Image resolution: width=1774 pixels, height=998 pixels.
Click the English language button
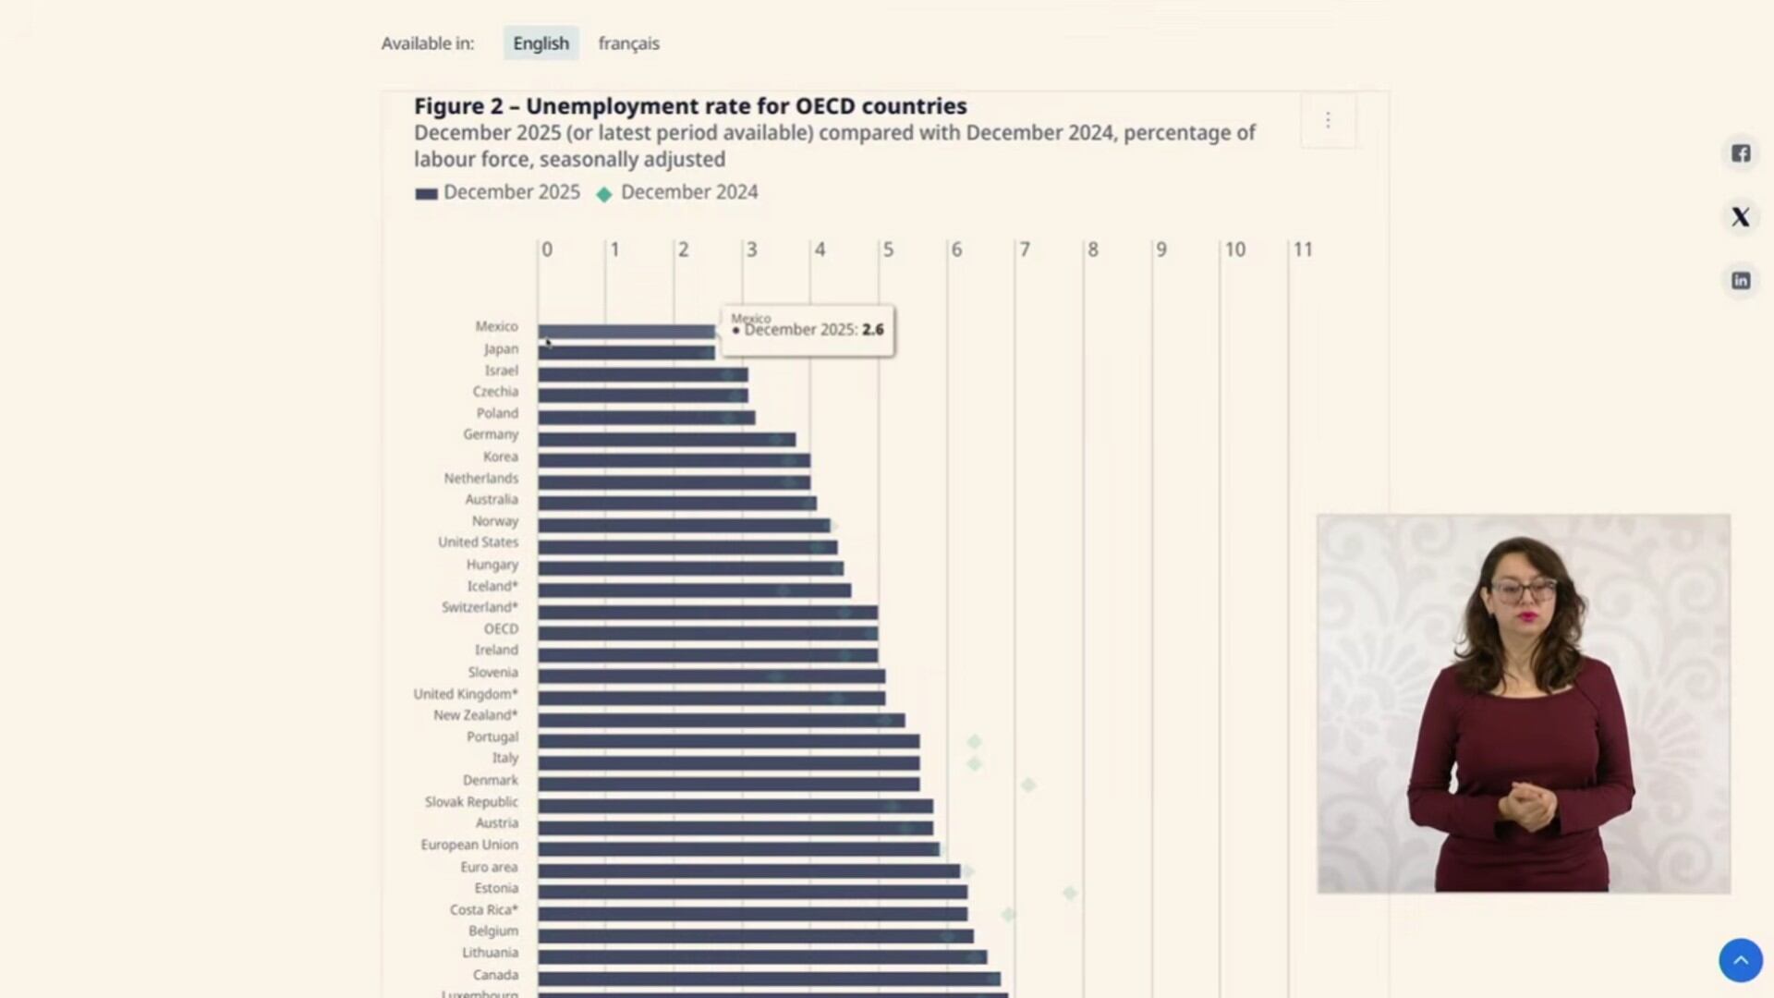[541, 43]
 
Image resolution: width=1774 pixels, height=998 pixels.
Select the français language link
[628, 43]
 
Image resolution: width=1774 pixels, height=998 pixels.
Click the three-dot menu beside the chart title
[1328, 120]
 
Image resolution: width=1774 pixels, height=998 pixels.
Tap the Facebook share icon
[1741, 153]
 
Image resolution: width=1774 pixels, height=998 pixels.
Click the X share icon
[1741, 217]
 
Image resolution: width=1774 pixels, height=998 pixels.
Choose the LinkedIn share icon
[1741, 281]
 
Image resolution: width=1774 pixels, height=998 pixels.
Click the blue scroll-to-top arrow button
[1741, 960]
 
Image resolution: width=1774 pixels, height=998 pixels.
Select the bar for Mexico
[626, 331]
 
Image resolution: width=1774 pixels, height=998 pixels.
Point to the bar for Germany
[666, 439]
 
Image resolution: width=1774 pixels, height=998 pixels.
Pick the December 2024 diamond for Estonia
[1070, 893]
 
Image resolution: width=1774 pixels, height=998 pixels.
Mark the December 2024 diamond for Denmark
[1028, 785]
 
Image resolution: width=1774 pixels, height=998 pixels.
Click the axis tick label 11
[1302, 249]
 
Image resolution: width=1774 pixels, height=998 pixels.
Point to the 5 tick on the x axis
[888, 249]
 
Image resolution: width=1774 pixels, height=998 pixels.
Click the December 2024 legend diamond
[604, 194]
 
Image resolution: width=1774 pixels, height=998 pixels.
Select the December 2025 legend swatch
[426, 194]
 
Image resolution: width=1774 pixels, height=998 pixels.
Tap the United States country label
[478, 542]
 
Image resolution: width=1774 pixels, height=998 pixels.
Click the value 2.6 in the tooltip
[873, 330]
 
